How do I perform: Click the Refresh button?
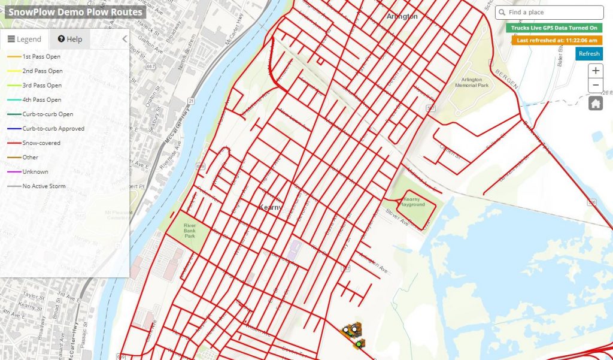click(x=589, y=54)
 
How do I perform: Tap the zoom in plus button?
click(x=596, y=71)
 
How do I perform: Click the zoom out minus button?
click(x=596, y=86)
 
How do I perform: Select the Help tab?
click(x=70, y=39)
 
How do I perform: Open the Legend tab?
click(x=25, y=39)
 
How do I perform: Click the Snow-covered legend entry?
click(x=41, y=143)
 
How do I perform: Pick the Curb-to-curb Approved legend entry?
click(x=53, y=129)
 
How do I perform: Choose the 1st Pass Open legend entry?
click(x=41, y=56)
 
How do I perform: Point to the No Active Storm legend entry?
click(x=44, y=186)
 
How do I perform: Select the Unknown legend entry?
click(x=35, y=172)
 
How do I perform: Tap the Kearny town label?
click(x=270, y=207)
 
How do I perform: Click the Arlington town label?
click(x=402, y=17)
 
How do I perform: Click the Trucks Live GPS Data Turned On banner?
click(x=554, y=28)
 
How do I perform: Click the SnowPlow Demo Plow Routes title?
click(x=75, y=12)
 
